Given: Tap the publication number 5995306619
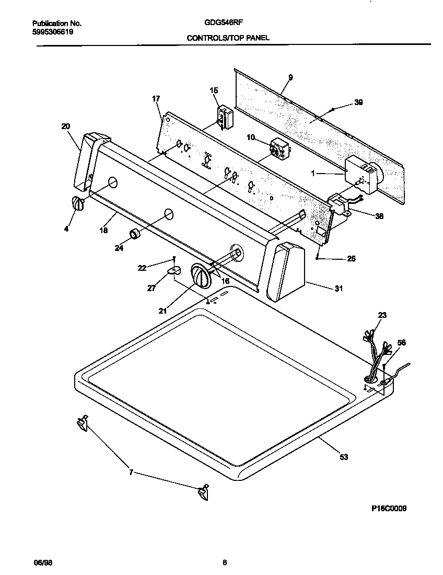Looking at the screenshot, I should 53,31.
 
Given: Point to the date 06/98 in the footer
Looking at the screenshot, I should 43,562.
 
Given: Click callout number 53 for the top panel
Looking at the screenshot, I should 343,457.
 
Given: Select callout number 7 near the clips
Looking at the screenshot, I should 131,472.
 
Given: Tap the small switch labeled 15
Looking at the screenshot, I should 225,116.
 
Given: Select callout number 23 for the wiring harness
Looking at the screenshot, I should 382,315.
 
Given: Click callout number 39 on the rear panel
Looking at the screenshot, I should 358,102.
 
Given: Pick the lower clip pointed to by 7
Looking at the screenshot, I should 202,492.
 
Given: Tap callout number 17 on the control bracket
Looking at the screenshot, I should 156,98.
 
